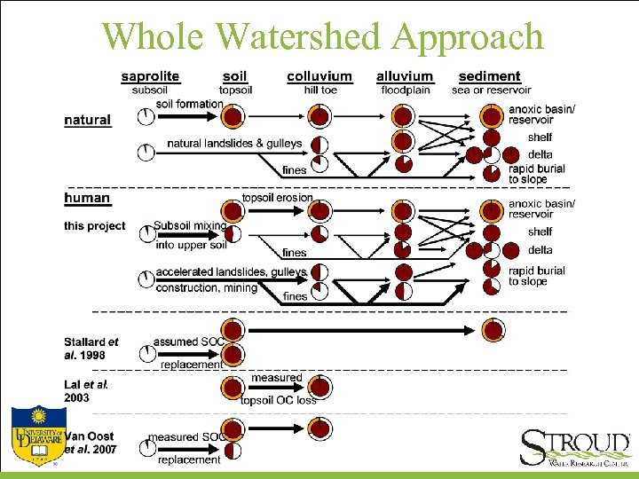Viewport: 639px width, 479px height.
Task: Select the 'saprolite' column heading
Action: click(x=150, y=77)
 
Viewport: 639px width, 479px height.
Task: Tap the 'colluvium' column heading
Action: click(x=319, y=77)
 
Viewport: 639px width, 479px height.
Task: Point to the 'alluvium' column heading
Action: click(x=405, y=77)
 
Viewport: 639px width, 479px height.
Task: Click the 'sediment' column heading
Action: click(x=490, y=77)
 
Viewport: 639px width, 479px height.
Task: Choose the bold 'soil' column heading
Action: click(x=235, y=77)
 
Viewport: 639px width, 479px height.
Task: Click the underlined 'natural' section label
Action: click(x=87, y=120)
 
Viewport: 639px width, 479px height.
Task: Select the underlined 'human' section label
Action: click(x=87, y=198)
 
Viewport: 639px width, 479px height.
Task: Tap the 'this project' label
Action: click(x=95, y=226)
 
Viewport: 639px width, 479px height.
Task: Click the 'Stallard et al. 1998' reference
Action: click(x=91, y=348)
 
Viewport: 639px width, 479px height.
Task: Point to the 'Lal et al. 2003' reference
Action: click(x=86, y=391)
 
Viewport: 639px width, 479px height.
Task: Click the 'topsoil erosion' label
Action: click(x=278, y=198)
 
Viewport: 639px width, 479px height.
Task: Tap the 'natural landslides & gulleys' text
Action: click(x=234, y=144)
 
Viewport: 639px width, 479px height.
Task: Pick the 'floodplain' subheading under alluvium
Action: click(x=405, y=90)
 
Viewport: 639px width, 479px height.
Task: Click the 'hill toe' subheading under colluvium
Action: click(x=319, y=90)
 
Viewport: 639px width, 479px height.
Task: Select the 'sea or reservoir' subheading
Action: click(x=491, y=90)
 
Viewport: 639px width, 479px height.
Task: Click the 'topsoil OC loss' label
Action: click(x=278, y=400)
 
